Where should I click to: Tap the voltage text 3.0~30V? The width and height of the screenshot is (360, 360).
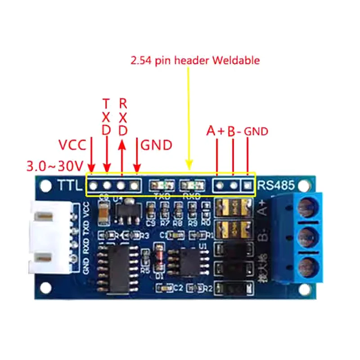(55, 166)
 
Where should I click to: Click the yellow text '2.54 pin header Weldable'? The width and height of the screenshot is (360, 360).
(195, 60)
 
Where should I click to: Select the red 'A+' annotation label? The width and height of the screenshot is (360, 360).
(215, 131)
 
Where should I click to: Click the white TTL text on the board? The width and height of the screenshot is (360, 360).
(68, 185)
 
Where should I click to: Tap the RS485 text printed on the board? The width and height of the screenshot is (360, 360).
(275, 184)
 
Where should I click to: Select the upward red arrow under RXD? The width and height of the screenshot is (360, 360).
(121, 157)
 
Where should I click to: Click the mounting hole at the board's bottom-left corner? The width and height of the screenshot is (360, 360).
(45, 287)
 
